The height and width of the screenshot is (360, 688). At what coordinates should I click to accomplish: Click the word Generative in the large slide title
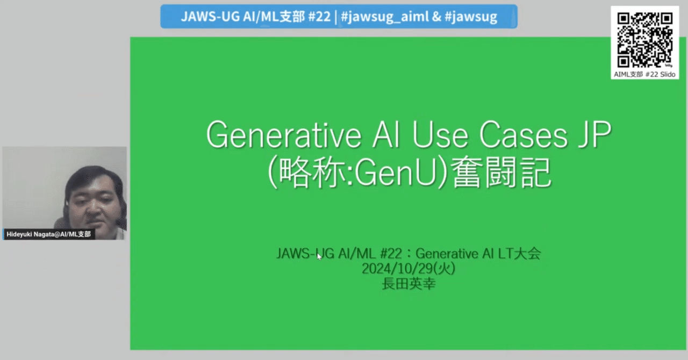coord(283,135)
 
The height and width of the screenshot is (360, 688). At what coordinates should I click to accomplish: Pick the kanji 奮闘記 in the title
coord(501,173)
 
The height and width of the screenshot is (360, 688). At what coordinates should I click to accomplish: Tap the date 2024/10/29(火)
coord(408,269)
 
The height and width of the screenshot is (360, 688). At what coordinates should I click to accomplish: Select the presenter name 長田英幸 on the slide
coord(408,284)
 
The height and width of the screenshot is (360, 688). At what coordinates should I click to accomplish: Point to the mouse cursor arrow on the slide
coord(319,256)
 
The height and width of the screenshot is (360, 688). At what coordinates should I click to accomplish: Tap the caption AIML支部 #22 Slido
coord(644,74)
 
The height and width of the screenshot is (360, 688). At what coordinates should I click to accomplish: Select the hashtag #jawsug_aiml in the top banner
coord(385,17)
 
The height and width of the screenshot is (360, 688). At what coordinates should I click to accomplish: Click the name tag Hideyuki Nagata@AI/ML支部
coord(49,234)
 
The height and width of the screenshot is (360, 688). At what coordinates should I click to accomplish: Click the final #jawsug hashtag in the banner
coord(471,17)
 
